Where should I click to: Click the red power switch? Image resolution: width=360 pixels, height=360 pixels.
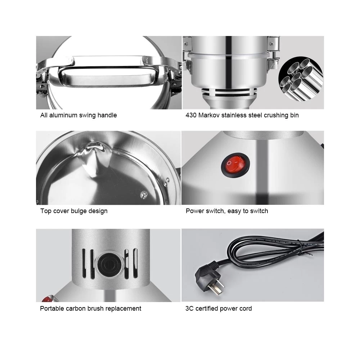click(x=235, y=165)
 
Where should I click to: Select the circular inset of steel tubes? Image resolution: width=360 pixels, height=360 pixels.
click(x=301, y=78)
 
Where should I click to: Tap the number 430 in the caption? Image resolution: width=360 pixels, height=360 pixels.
click(x=191, y=115)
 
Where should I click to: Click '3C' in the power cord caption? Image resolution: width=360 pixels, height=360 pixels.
click(x=189, y=309)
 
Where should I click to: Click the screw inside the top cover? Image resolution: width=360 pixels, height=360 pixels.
click(x=144, y=195)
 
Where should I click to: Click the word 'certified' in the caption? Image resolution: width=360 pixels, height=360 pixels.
click(x=207, y=309)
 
